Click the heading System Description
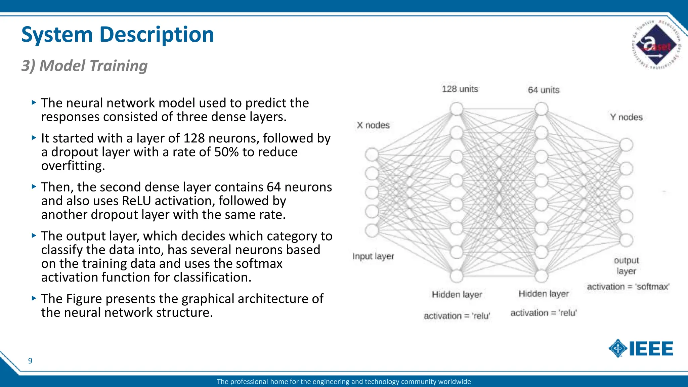[118, 35]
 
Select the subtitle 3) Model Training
[84, 66]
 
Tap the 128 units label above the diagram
[460, 89]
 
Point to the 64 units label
[544, 90]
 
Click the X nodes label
[373, 125]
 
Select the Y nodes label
[626, 117]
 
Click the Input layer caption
[373, 256]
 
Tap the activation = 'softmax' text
[628, 287]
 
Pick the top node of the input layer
[372, 155]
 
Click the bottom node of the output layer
[626, 240]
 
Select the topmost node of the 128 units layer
[457, 109]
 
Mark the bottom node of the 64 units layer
[542, 276]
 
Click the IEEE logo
[641, 348]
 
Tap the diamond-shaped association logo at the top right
[656, 45]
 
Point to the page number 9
[30, 361]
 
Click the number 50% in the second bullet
[226, 152]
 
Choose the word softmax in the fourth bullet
[259, 264]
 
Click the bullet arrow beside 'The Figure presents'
[34, 298]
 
